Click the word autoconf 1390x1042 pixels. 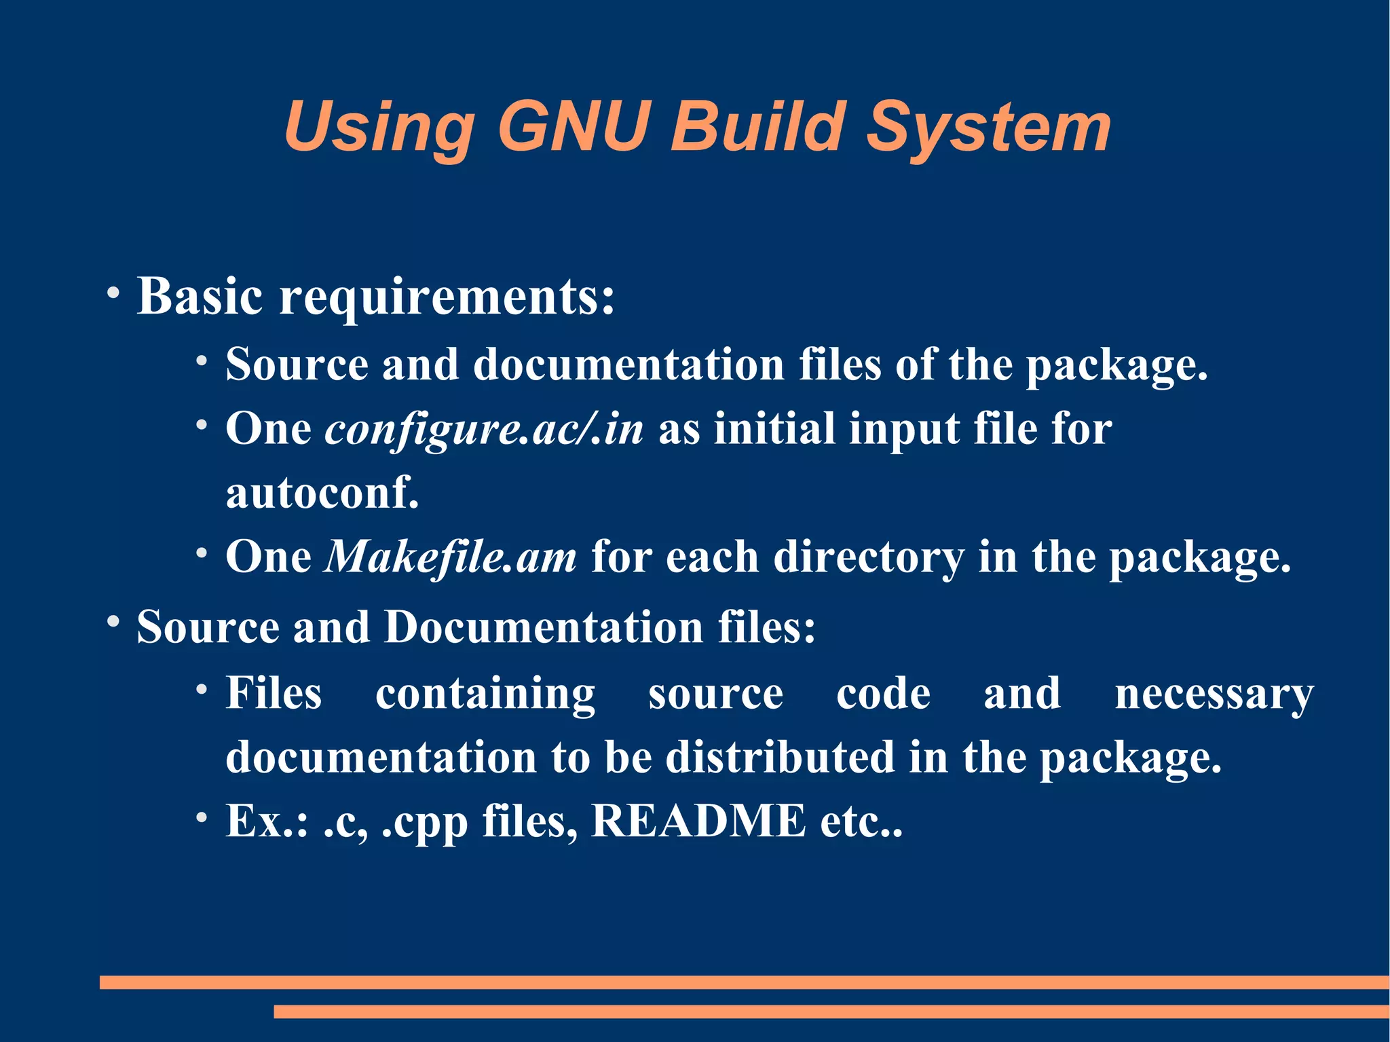(322, 492)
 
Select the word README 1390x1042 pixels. (698, 821)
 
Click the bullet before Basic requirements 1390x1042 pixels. (113, 293)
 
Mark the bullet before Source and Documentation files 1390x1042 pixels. (113, 621)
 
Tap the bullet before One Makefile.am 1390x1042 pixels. (202, 553)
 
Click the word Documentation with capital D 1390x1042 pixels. (544, 627)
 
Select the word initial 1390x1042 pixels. (774, 429)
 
